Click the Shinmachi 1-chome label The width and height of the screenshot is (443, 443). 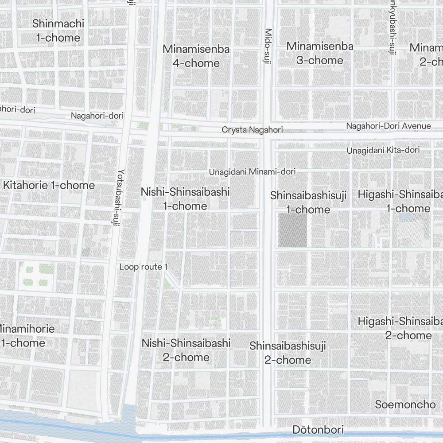point(58,31)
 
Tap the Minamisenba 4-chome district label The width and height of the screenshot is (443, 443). point(196,56)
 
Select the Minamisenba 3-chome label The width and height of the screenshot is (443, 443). point(319,53)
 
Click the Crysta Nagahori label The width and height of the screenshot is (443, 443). point(252,130)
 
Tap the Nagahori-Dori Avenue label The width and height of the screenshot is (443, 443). point(388,126)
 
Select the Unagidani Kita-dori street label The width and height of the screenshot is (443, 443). point(383,150)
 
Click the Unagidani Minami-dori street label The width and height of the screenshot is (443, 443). point(252,171)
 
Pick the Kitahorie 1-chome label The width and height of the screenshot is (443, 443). point(49,185)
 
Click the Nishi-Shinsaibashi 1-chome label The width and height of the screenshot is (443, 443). point(185,199)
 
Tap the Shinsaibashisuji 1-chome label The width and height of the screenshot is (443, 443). point(308,202)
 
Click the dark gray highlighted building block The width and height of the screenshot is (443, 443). point(292,230)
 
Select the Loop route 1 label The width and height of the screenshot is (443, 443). point(143,267)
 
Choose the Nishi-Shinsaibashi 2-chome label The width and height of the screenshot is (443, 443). point(186,350)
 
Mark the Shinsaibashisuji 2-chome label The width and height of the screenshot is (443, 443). point(288,353)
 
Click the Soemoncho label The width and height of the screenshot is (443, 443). point(405,404)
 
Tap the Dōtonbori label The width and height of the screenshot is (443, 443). point(318,430)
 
